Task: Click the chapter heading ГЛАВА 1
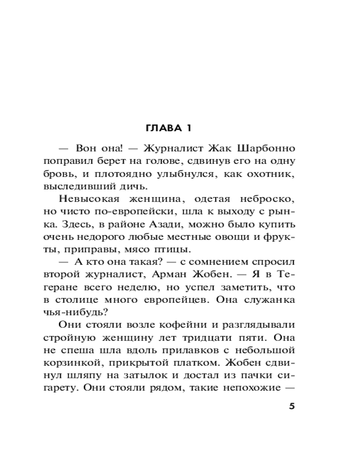169,128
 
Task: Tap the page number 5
291,406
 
